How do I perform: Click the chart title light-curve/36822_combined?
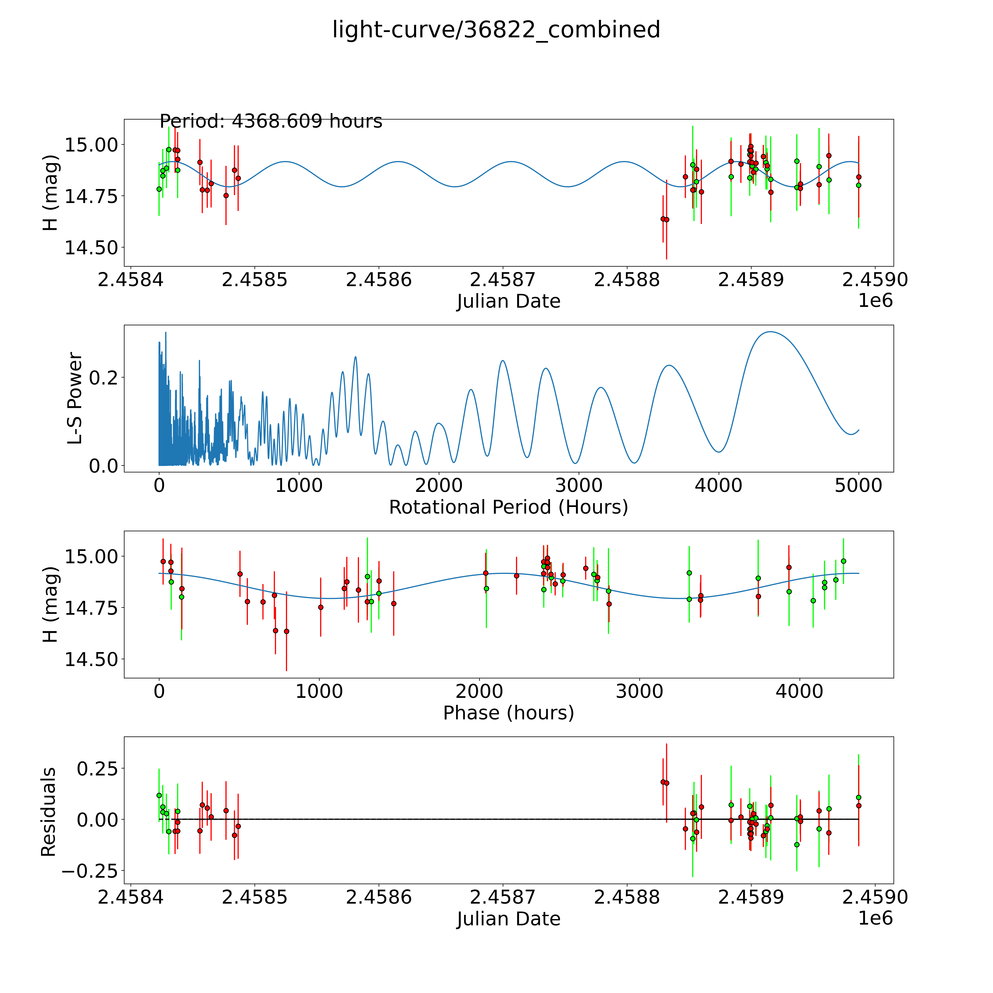[x=496, y=30]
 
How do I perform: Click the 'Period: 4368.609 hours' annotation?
[x=271, y=121]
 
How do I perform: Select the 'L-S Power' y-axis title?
[x=75, y=398]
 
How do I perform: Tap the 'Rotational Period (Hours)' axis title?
[x=508, y=507]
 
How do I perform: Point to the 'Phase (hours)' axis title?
[x=508, y=713]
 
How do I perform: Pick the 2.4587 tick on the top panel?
[x=503, y=280]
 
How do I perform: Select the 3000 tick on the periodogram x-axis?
[x=579, y=486]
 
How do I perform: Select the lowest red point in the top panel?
[x=667, y=219]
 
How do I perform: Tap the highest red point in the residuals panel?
[x=663, y=782]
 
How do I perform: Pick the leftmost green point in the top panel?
[x=159, y=189]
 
